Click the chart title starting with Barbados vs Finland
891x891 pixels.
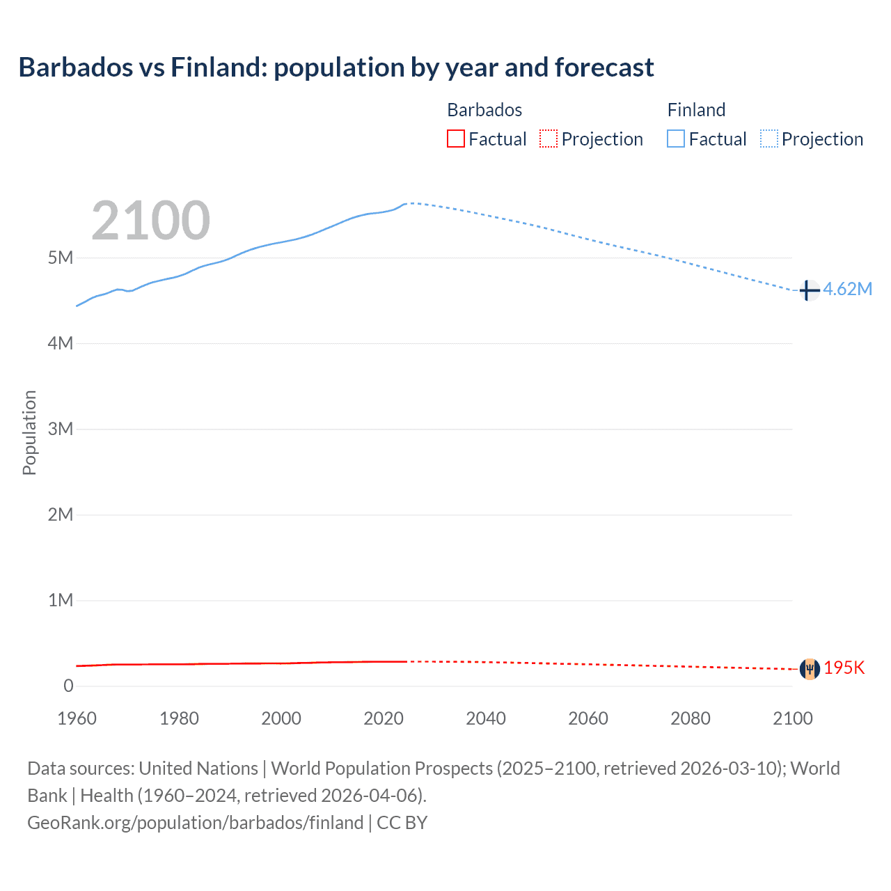(336, 68)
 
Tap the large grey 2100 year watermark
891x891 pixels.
(150, 221)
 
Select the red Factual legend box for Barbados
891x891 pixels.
(455, 139)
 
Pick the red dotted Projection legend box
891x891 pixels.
(549, 139)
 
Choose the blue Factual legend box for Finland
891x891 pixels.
(676, 139)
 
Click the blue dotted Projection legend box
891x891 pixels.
(769, 139)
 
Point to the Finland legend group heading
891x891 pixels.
(696, 110)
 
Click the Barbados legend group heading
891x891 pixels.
(484, 110)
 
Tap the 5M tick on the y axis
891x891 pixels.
(61, 258)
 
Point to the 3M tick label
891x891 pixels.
(61, 429)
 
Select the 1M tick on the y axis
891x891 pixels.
(61, 600)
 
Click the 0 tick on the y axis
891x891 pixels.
(68, 686)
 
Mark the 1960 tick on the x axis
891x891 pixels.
(77, 718)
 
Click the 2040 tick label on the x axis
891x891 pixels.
(486, 718)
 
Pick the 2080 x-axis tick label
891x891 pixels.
(691, 718)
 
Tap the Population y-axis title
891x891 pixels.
(29, 432)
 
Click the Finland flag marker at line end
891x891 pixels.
(809, 290)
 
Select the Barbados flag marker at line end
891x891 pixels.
(809, 669)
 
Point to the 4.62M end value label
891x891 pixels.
(848, 289)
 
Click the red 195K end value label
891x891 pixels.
(844, 668)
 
